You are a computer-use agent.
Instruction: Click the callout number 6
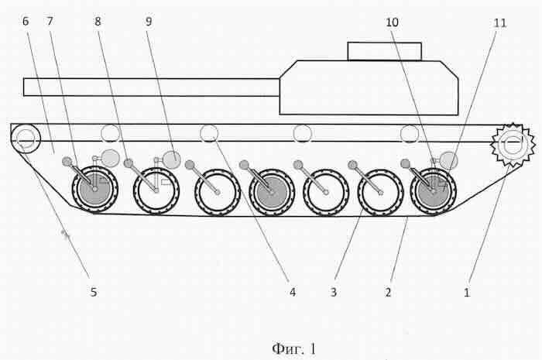[x=26, y=22]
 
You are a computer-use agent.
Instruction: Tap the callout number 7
[x=50, y=22]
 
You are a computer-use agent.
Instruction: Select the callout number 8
[x=98, y=22]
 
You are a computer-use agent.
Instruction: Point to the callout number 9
[x=149, y=22]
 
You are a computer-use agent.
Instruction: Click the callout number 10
[x=392, y=22]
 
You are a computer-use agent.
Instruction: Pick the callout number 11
[x=500, y=23]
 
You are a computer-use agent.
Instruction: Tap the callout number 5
[x=94, y=292]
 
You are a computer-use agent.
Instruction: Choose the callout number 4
[x=293, y=293]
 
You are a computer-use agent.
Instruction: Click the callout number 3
[x=334, y=293]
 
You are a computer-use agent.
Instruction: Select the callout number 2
[x=388, y=293]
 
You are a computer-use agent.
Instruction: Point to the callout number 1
[x=467, y=293]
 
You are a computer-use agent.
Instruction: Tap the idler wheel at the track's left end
[x=26, y=139]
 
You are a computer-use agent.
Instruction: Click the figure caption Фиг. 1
[x=293, y=349]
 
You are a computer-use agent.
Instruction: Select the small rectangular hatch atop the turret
[x=384, y=51]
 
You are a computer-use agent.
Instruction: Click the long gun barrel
[x=152, y=87]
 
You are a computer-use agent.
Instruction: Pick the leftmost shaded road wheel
[x=94, y=190]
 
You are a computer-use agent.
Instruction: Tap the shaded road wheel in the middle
[x=272, y=192]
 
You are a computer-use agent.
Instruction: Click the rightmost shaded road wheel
[x=433, y=191]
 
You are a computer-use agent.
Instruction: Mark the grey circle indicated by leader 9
[x=171, y=160]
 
